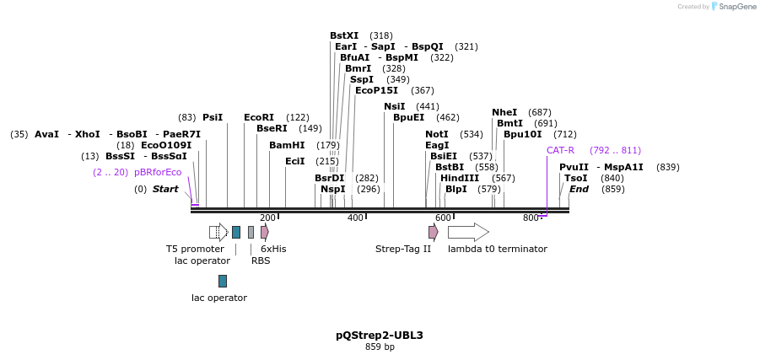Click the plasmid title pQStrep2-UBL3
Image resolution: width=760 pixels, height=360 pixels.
(380, 335)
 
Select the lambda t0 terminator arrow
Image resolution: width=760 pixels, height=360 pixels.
(468, 232)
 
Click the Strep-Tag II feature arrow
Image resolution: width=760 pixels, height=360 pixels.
(433, 232)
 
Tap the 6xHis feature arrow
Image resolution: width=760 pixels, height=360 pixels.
(265, 232)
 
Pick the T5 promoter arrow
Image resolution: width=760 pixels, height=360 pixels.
(218, 232)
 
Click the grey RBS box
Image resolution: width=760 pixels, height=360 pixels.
(251, 232)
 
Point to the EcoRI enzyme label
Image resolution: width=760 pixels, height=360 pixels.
(259, 117)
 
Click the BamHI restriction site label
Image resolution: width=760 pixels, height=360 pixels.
(287, 145)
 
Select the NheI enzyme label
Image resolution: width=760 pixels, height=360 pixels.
(504, 112)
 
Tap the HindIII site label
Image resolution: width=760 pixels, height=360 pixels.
(460, 178)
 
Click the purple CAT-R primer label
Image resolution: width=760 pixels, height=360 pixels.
(560, 150)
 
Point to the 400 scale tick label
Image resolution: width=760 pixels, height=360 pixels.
(355, 218)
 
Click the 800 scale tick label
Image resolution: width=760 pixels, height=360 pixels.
(531, 218)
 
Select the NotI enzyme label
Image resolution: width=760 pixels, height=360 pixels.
(437, 134)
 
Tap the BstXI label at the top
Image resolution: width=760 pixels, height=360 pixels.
(344, 35)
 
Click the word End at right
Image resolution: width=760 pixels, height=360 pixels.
(579, 189)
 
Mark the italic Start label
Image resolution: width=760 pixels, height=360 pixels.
(165, 189)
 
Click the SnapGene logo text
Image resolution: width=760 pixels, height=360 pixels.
(738, 7)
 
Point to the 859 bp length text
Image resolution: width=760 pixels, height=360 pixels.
(380, 347)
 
